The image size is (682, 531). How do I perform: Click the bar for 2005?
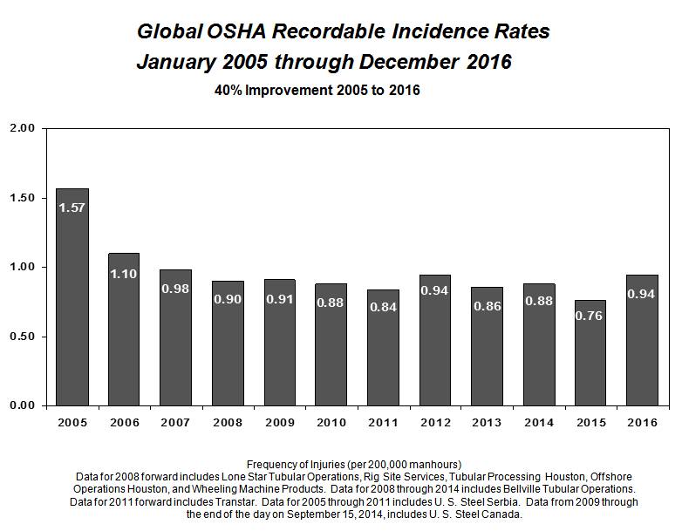click(72, 296)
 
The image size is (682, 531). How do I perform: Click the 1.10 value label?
click(124, 274)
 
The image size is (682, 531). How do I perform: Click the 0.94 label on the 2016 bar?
click(642, 295)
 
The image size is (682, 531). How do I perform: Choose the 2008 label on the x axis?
click(227, 422)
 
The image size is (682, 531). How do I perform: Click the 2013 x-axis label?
click(487, 422)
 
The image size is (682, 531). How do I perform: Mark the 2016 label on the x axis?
click(642, 422)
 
